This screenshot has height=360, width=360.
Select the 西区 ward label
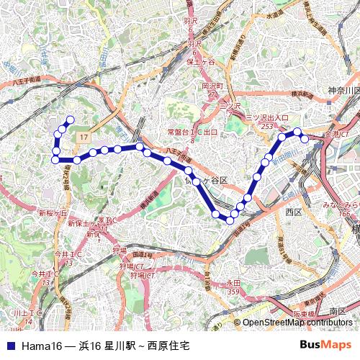pos(293,212)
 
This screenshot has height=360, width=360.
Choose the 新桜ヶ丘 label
pos(53,213)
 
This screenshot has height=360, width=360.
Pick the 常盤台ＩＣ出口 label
pos(192,132)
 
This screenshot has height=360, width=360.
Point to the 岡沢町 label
pos(214,86)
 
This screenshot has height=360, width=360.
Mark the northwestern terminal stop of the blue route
pos(71,120)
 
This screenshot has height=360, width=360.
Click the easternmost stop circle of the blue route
pos(305,138)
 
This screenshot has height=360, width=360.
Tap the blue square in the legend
pos(10,346)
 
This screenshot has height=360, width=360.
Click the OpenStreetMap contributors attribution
pos(297,323)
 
